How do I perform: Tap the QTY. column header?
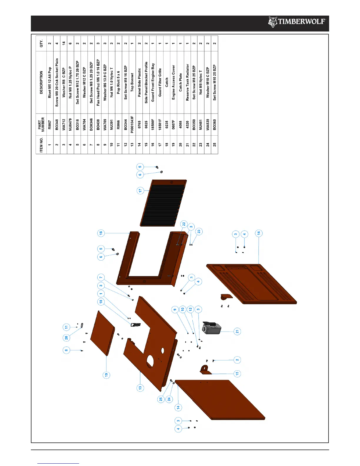click(41, 43)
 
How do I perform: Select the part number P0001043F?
click(132, 124)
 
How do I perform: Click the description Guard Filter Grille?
click(160, 82)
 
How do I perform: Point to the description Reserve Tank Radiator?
click(187, 82)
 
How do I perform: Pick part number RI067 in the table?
click(50, 124)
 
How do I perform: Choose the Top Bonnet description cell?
click(132, 82)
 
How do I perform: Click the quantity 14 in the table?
click(64, 43)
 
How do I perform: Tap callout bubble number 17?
click(140, 190)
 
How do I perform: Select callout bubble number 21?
click(237, 331)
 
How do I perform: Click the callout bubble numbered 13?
click(140, 387)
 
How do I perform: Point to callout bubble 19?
click(106, 375)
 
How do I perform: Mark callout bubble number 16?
click(101, 233)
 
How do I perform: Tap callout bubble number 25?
click(161, 399)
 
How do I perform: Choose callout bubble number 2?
click(237, 360)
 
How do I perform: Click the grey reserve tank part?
click(212, 328)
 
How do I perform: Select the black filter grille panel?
click(163, 203)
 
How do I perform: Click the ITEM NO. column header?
click(41, 145)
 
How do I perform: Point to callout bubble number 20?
click(66, 337)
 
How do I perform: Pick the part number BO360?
click(215, 124)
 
